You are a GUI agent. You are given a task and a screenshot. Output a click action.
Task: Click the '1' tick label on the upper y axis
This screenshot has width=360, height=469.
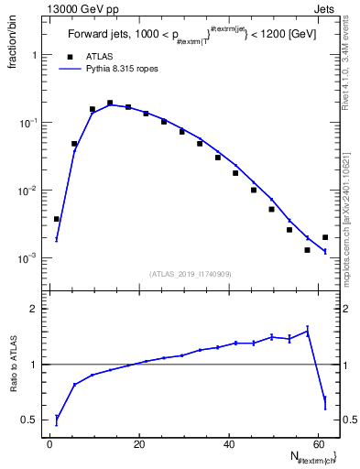(34, 55)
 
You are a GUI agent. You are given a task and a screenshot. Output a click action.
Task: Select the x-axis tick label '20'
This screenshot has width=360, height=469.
(138, 445)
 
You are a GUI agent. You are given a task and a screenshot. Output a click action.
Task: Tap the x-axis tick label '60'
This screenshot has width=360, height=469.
(317, 445)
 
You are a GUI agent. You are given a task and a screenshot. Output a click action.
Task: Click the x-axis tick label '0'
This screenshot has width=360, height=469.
(50, 445)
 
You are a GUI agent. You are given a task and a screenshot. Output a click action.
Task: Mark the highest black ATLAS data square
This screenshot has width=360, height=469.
(110, 104)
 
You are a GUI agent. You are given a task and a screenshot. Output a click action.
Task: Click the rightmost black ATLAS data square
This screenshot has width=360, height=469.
(325, 237)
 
